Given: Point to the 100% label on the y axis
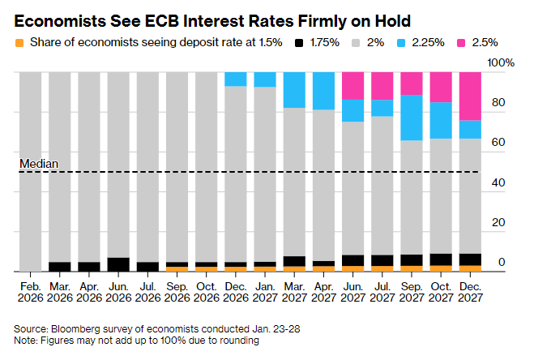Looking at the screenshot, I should click(500, 63).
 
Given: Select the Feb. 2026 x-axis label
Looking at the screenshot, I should click(30, 292).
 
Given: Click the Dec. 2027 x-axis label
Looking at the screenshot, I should click(470, 292).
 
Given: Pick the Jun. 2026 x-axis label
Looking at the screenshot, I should click(118, 292).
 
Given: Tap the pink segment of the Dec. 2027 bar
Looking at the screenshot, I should click(470, 96).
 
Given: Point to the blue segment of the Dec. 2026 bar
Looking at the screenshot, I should click(236, 79).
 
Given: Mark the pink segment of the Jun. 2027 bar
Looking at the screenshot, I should click(352, 86).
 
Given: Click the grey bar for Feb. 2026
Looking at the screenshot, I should click(30, 170).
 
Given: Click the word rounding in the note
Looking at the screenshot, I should click(238, 341).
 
